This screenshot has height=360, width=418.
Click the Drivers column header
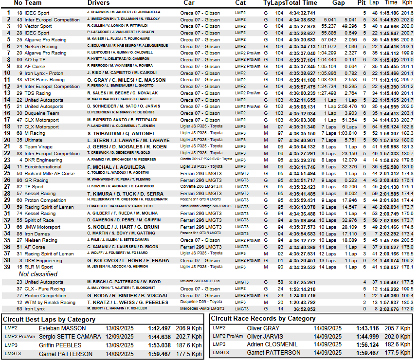pyautogui.click(x=102, y=3)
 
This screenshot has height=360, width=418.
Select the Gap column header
pyautogui.click(x=339, y=3)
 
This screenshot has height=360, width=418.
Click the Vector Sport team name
pyautogui.click(x=38, y=26)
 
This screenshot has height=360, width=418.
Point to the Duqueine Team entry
pyautogui.click(x=42, y=113)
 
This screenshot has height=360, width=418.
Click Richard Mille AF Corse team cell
pyautogui.click(x=50, y=173)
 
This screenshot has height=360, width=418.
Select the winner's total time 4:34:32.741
pyautogui.click(x=302, y=13)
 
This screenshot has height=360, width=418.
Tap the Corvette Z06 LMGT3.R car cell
pyautogui.click(x=201, y=187)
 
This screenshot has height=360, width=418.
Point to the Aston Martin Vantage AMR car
pyautogui.click(x=206, y=207)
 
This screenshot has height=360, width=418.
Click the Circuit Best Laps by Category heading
pyautogui.click(x=49, y=320)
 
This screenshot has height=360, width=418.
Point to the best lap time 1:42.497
pyautogui.click(x=160, y=329)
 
